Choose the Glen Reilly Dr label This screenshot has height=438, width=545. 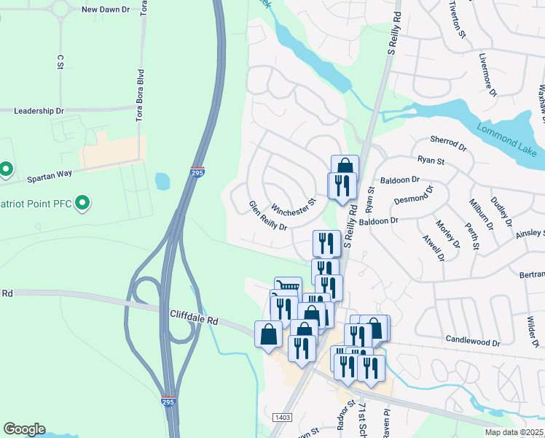[267, 215]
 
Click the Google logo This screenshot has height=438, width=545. [24, 429]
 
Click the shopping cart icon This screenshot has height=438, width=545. [289, 287]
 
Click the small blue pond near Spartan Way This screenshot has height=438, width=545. [162, 180]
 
